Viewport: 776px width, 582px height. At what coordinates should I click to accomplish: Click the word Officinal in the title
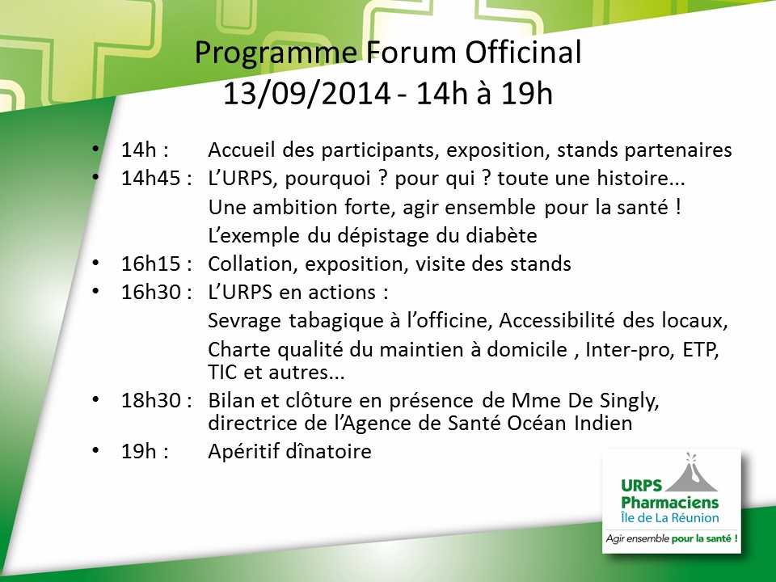coord(523,53)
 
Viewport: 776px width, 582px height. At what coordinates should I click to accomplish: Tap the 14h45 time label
coord(151,178)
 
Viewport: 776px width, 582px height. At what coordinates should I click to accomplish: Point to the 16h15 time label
coord(151,264)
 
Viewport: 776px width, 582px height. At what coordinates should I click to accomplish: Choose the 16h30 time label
coord(151,292)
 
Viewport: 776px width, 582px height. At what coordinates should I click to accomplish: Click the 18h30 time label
coord(151,400)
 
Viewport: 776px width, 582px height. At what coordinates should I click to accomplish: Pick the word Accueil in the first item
coord(241,150)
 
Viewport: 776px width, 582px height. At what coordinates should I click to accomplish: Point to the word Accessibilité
coord(556,321)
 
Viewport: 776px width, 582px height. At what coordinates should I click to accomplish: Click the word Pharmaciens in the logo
coord(669,502)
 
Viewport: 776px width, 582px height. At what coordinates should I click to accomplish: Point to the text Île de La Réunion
coord(669,517)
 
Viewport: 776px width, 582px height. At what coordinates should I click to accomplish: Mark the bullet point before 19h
coord(96,450)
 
